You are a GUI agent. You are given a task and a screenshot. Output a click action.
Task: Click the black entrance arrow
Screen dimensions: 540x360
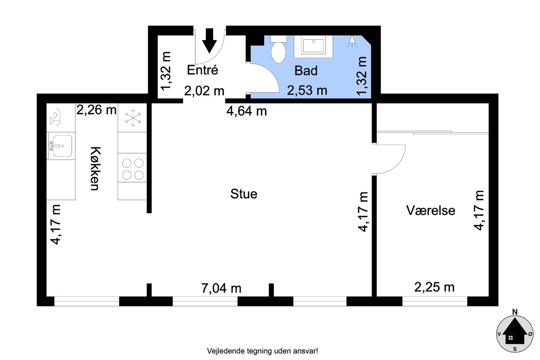(209, 41)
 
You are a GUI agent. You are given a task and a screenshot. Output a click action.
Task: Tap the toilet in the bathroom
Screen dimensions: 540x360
(278, 49)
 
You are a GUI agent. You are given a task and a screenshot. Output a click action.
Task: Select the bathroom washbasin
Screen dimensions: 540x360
(313, 46)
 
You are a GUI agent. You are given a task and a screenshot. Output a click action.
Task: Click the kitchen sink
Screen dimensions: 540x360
(61, 146)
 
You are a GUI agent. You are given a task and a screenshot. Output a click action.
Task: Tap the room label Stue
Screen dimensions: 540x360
(244, 194)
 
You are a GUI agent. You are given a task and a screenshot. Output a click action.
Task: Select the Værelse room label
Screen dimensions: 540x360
(431, 210)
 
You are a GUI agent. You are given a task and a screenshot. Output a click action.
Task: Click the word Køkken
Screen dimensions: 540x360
(95, 168)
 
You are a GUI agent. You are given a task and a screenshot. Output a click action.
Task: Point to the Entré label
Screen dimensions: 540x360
(202, 70)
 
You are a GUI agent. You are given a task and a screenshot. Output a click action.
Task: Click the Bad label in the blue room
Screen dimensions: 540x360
(306, 70)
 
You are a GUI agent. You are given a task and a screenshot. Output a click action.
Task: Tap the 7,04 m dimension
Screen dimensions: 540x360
(221, 288)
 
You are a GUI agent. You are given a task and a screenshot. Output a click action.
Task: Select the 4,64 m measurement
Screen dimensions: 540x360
(247, 111)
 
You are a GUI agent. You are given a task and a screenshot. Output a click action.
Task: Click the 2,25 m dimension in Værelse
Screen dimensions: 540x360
(434, 287)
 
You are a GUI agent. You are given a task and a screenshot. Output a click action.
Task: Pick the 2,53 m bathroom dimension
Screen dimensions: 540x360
(307, 91)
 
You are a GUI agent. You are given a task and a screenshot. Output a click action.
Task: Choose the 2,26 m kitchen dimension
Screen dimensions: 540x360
(97, 110)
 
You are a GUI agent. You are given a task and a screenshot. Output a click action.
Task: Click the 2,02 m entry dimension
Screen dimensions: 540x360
(204, 91)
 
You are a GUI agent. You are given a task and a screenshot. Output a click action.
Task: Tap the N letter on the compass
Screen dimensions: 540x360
(515, 312)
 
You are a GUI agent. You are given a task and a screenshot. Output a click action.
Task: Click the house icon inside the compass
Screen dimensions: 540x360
(514, 331)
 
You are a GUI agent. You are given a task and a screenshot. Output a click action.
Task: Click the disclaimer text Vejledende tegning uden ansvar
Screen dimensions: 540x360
(262, 351)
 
